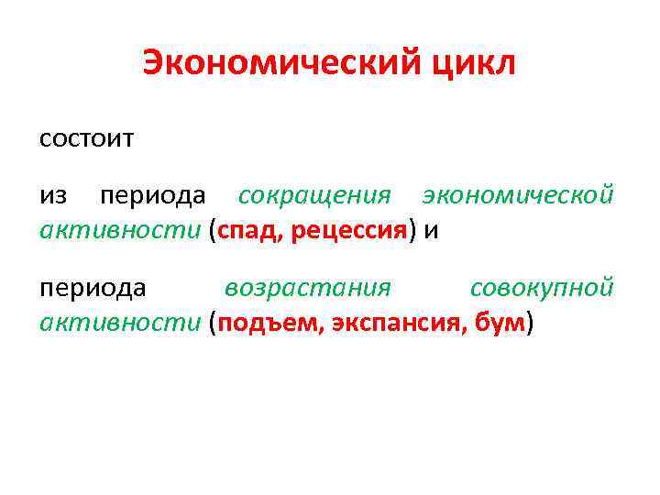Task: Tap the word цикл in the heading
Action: (474, 63)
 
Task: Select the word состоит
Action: (87, 139)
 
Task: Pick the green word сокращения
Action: (314, 196)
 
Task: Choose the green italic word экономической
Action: (517, 196)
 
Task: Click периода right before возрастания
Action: (93, 288)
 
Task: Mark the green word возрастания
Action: (308, 288)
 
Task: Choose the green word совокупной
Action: (541, 288)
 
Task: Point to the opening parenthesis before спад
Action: (213, 231)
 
